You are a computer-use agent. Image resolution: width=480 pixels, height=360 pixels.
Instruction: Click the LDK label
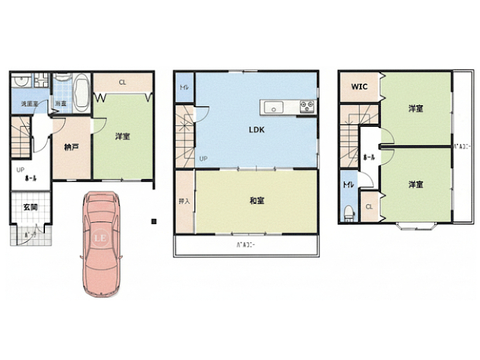pos(257,130)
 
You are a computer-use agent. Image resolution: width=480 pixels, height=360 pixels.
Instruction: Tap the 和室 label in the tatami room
pos(257,201)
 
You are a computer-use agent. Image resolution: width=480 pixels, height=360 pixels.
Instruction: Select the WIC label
pos(359,87)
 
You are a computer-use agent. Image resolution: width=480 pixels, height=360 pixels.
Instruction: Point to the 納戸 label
pos(71,147)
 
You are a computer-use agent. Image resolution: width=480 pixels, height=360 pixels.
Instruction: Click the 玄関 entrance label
pos(30,207)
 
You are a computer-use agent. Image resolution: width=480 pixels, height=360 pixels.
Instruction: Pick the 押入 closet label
pos(183,201)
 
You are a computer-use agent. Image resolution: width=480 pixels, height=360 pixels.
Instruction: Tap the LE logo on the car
pos(100,237)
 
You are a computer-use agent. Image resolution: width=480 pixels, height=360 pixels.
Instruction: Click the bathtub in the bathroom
pos(81,92)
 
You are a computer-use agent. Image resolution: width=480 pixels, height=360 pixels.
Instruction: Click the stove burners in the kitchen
pos(306,107)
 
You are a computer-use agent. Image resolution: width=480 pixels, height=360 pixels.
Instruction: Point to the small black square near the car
pos(154,220)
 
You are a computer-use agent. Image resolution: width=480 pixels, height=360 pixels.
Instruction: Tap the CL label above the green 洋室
pos(122,82)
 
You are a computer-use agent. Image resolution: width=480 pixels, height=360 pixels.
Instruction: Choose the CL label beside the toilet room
pos(369,207)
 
